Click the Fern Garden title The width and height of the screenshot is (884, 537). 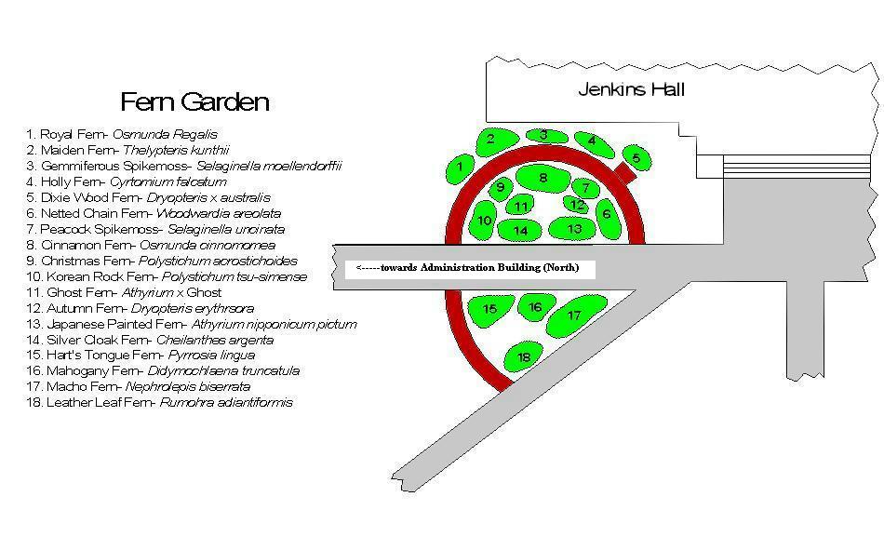point(195,101)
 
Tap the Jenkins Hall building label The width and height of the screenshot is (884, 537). point(631,89)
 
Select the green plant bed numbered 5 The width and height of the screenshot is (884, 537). point(636,157)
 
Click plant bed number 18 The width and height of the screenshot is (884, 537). point(525,356)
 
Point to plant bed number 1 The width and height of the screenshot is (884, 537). point(460,168)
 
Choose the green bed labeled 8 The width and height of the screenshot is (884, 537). point(543,178)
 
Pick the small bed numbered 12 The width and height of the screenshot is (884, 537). point(578,205)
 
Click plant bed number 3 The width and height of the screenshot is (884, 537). point(543,136)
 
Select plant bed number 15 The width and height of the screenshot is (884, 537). point(489,309)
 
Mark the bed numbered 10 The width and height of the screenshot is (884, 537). point(484,222)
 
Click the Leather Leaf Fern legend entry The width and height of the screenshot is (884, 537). point(159,403)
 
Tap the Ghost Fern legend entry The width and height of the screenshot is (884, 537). point(125,292)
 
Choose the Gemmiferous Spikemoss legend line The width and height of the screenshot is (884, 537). point(184,167)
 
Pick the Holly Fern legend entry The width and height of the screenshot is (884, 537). point(127,182)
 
